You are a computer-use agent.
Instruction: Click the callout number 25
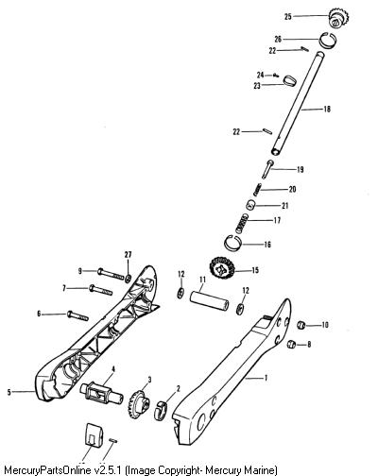288,16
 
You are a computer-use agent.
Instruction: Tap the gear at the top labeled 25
339,18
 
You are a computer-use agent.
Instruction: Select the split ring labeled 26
328,40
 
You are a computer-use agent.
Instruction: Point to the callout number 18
327,110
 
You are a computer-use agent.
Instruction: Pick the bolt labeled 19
267,169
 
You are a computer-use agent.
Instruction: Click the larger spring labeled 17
242,223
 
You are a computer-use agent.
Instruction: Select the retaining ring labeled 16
233,243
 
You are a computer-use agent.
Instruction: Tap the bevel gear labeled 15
222,270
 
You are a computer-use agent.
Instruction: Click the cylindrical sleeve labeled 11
208,301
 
